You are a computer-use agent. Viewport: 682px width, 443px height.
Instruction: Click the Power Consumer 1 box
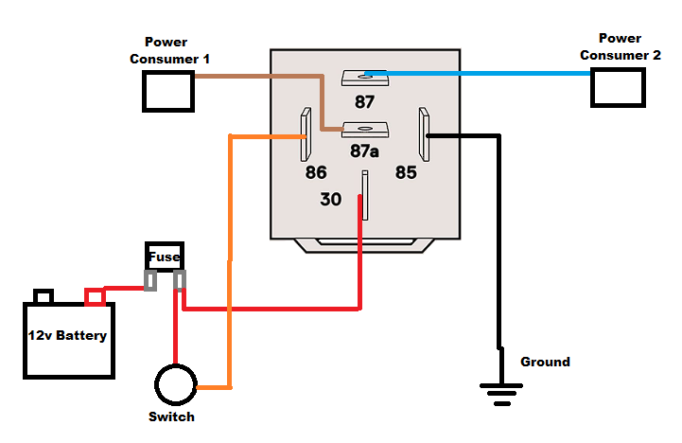167,91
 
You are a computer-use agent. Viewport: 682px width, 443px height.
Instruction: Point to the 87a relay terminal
365,130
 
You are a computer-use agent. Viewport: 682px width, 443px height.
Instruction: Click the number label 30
331,200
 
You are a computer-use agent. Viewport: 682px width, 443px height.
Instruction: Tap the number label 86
315,173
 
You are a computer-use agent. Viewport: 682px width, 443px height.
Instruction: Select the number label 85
406,173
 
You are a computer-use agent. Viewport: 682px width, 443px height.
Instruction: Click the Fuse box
164,257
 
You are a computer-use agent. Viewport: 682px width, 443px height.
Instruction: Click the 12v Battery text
66,336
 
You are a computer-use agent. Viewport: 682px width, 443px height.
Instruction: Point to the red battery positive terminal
95,297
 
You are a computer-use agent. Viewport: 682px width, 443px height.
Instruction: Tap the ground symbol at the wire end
500,388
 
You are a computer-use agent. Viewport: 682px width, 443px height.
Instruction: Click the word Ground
545,362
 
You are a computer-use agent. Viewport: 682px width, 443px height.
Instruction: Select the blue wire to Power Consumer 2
482,73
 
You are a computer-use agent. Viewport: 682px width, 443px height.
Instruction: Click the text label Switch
171,417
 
